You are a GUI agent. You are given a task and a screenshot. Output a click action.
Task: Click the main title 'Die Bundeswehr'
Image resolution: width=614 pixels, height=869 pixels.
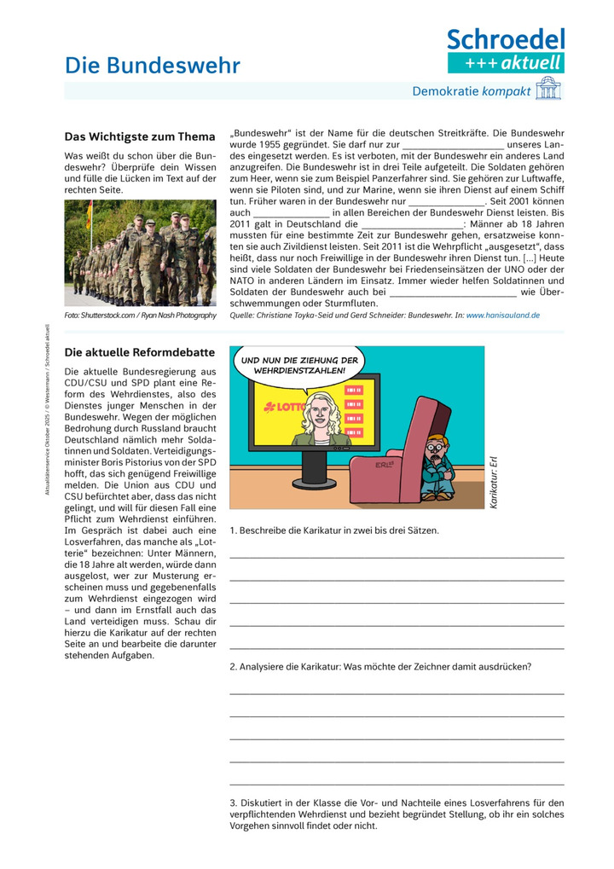[x=153, y=66]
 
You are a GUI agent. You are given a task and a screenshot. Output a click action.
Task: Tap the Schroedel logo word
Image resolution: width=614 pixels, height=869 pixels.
[x=506, y=39]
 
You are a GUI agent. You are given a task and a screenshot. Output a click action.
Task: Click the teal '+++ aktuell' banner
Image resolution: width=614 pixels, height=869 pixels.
[x=506, y=62]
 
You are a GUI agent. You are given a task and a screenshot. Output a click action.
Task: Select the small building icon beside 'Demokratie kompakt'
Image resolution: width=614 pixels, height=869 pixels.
[x=548, y=89]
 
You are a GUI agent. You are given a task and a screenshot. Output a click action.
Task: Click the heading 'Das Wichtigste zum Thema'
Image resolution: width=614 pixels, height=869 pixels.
[x=140, y=136]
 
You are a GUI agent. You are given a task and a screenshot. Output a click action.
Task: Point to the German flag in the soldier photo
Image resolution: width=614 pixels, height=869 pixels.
[x=89, y=214]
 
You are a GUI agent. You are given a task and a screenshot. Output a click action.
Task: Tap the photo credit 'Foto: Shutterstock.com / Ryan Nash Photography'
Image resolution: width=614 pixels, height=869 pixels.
[x=140, y=316]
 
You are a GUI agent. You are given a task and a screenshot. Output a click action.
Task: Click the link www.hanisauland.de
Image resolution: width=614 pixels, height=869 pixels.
[x=502, y=315]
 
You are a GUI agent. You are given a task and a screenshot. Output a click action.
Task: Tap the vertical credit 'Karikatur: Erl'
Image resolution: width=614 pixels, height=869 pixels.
[x=493, y=482]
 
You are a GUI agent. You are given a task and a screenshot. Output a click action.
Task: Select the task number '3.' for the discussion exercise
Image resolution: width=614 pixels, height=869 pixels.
[x=235, y=802]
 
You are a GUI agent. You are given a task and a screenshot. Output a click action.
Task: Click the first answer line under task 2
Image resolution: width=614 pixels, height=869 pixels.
[x=397, y=693]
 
